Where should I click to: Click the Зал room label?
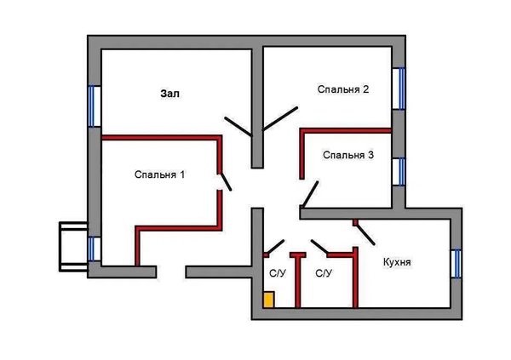click(x=171, y=93)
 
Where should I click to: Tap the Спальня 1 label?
click(x=160, y=174)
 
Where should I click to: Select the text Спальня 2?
click(x=342, y=89)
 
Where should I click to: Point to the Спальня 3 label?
click(x=348, y=155)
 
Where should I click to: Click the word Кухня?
click(x=397, y=263)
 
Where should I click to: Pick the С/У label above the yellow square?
click(x=278, y=274)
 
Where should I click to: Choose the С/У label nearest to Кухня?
click(x=324, y=274)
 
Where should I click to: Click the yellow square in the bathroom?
click(x=268, y=300)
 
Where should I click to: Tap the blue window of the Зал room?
click(x=93, y=106)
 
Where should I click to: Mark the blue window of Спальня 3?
click(x=398, y=171)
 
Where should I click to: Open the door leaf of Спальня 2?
click(x=280, y=117)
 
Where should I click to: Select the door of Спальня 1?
click(x=224, y=181)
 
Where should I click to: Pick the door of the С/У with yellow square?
click(x=273, y=249)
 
